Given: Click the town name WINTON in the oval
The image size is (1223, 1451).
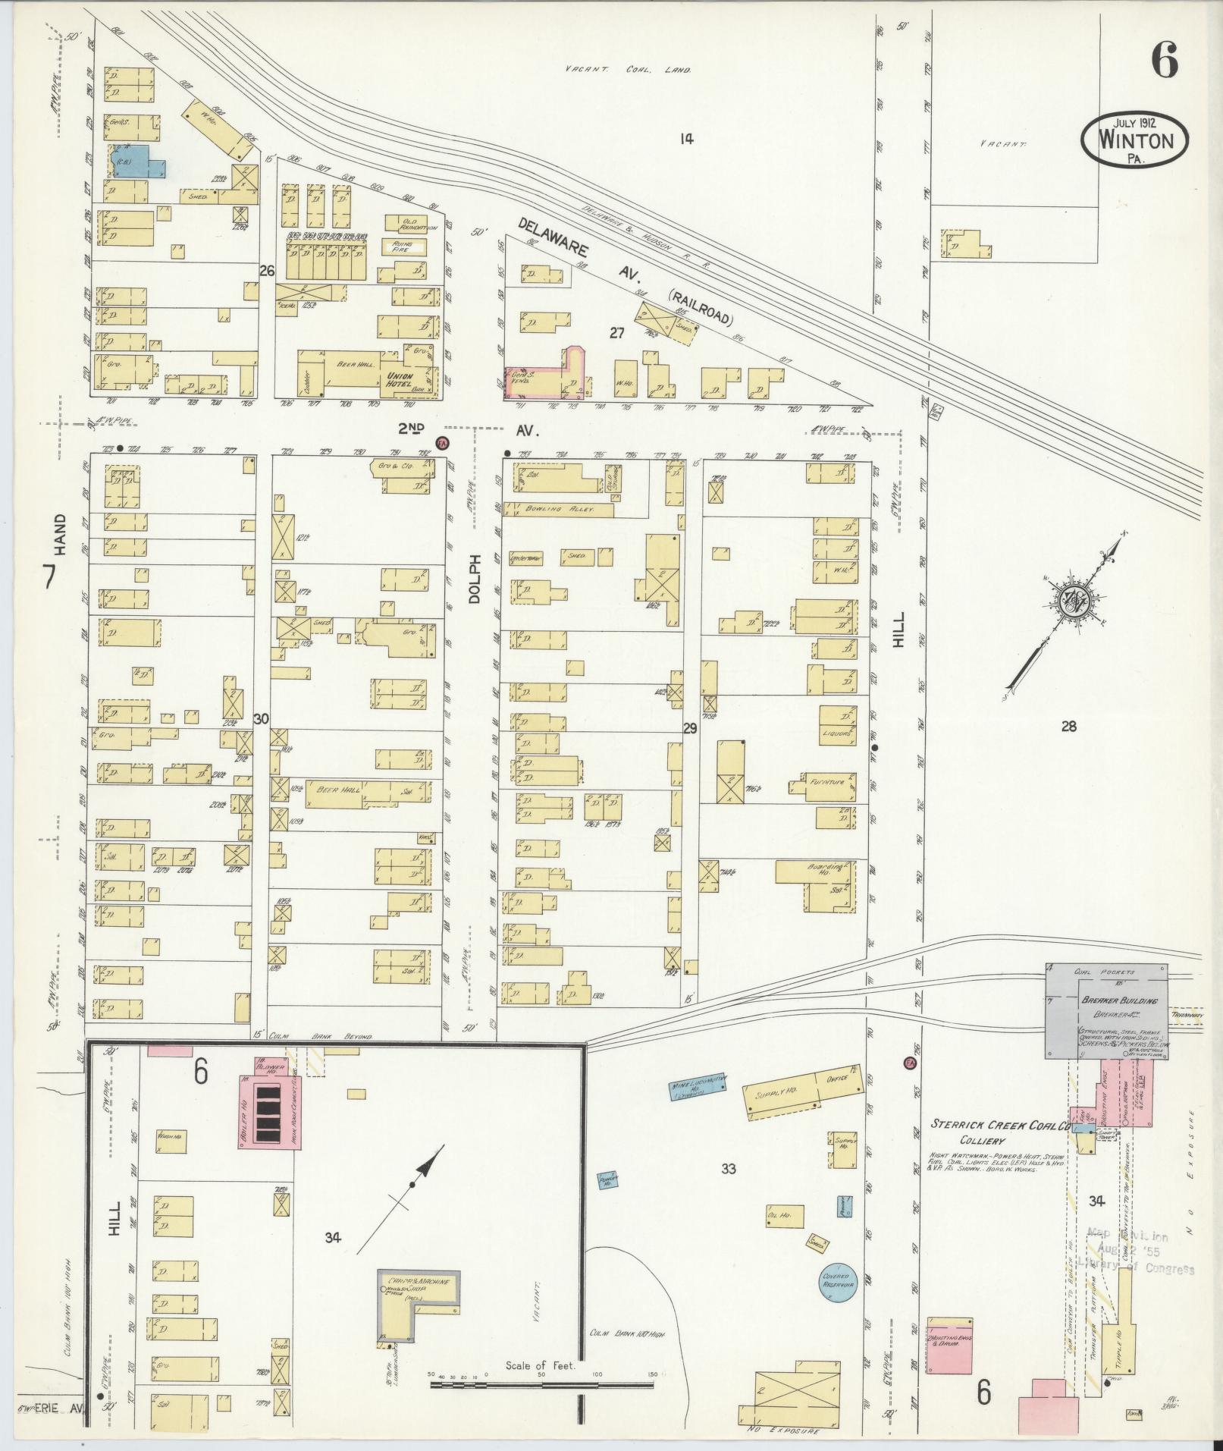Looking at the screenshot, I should point(1135,140).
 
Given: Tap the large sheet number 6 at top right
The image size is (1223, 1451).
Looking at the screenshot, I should point(1165,60).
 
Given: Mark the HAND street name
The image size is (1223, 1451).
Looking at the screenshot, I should point(60,534).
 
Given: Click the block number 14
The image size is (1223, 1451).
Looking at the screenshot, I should point(686,138).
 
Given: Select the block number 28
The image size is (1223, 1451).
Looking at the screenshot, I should point(1068,727).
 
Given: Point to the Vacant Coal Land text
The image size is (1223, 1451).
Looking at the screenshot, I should point(628,70).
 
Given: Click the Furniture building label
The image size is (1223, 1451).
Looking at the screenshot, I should point(826,780).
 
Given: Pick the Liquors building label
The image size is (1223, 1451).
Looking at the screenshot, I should point(837,733).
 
